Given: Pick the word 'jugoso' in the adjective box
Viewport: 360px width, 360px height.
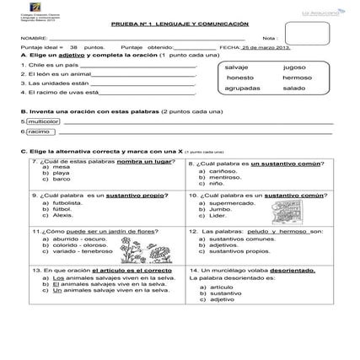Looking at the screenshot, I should tap(294, 66).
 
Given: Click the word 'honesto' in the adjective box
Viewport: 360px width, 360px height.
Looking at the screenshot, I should tap(240, 77).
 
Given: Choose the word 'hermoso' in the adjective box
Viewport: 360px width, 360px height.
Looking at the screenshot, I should tap(297, 77).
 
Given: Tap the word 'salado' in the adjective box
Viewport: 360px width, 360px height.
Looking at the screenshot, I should tap(294, 88).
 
